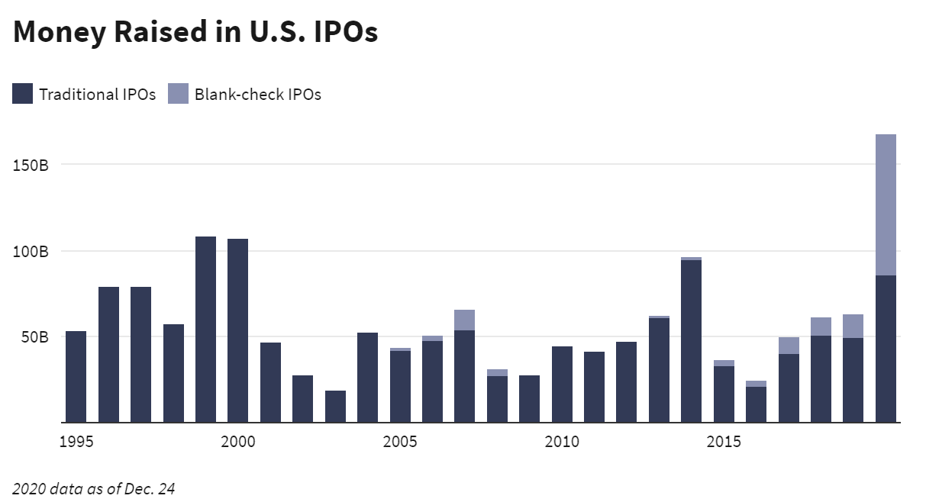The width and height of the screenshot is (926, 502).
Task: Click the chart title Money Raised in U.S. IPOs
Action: (195, 32)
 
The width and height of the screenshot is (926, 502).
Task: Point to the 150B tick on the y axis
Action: (31, 165)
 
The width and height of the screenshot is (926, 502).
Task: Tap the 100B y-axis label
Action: (31, 251)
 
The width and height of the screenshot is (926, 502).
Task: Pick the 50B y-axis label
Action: (34, 336)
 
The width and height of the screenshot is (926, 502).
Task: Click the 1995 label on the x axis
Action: (76, 442)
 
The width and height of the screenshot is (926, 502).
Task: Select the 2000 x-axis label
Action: (237, 442)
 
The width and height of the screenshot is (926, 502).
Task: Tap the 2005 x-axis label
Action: (400, 442)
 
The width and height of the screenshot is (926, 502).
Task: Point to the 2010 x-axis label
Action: (562, 442)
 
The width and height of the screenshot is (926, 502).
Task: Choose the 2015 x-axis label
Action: (724, 442)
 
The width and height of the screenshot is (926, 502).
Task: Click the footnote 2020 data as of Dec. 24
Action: (94, 488)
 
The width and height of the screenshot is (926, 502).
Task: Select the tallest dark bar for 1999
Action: (205, 329)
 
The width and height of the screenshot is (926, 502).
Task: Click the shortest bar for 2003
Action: (335, 407)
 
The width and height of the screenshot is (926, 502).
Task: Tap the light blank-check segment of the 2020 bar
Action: (886, 204)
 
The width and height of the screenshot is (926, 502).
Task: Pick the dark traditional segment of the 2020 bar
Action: (886, 349)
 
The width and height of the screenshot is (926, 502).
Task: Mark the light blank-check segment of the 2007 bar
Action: (464, 320)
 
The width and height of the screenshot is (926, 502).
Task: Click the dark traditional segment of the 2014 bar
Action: (691, 341)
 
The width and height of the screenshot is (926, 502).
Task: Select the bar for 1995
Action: (76, 376)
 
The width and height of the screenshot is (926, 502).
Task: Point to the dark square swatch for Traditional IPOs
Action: (23, 95)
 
